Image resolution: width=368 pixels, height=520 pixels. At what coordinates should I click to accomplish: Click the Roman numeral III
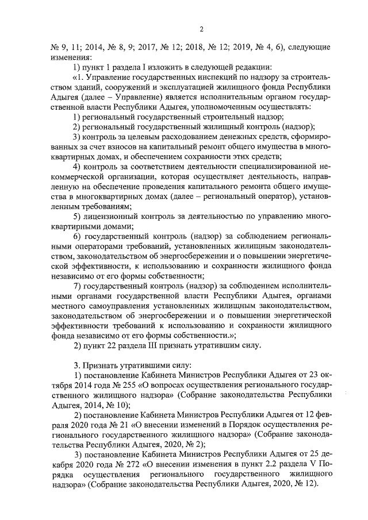[x=145, y=345]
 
